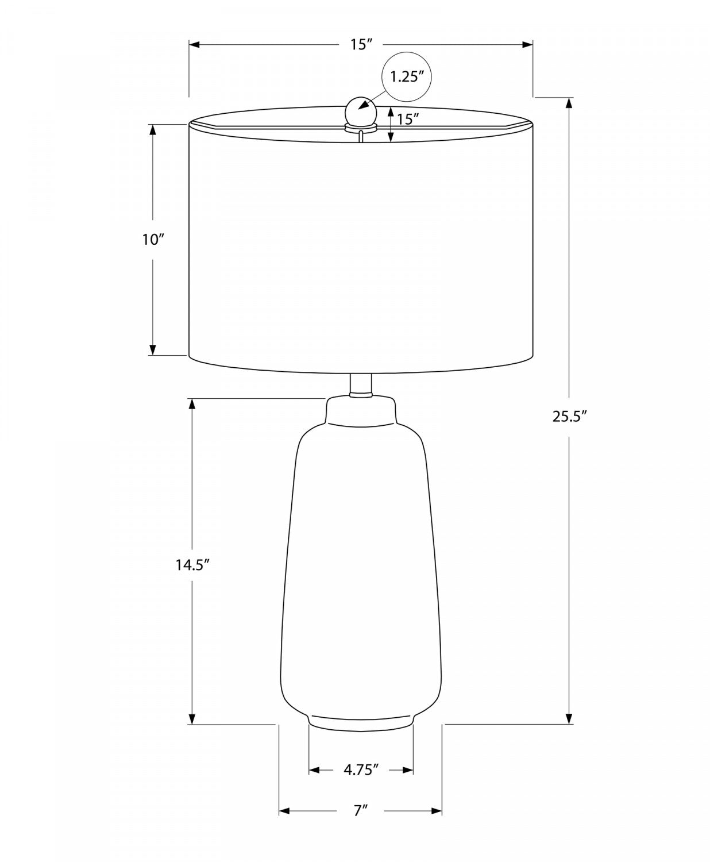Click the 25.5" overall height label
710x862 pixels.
[x=569, y=417]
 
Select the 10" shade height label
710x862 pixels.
[x=153, y=239]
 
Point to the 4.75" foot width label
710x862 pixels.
[x=361, y=769]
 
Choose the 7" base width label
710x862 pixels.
[x=360, y=811]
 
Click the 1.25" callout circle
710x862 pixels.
[x=407, y=76]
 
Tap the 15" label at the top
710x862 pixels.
[x=361, y=44]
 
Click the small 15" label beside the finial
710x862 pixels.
[x=407, y=120]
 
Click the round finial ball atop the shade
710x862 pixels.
[x=360, y=110]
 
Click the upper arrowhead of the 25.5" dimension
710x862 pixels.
[x=569, y=103]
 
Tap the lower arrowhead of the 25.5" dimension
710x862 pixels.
[x=569, y=718]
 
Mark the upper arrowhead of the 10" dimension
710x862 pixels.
[x=153, y=130]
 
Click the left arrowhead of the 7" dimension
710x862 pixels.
[x=284, y=811]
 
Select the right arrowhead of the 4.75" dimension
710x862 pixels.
[x=408, y=770]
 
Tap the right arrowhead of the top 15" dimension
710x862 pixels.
[x=527, y=44]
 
